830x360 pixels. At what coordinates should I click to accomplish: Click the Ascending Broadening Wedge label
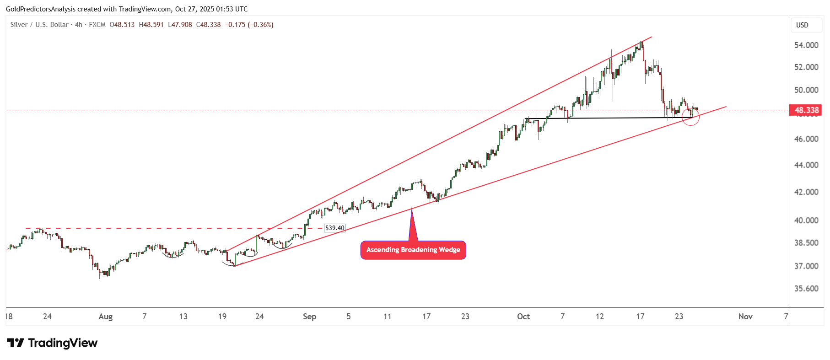point(413,250)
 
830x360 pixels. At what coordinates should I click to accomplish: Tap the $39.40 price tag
point(334,228)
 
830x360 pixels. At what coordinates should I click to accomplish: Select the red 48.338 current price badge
point(806,110)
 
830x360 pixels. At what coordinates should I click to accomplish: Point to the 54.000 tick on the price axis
point(806,45)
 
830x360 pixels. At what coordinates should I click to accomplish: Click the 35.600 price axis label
point(806,289)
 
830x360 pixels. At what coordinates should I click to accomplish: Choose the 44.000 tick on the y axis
point(806,165)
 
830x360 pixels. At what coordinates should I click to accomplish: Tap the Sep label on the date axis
point(309,317)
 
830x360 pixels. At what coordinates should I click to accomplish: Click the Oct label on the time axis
point(523,317)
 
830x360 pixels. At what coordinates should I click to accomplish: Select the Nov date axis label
point(745,317)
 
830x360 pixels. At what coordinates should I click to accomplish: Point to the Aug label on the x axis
point(105,317)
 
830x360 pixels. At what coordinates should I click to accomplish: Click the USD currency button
point(802,25)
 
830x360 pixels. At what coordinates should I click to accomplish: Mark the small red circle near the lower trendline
point(690,117)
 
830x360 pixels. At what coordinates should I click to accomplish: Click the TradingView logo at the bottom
point(52,343)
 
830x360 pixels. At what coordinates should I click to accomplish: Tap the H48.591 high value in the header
point(151,25)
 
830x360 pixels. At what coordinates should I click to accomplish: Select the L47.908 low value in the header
point(180,25)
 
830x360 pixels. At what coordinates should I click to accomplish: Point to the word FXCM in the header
point(97,25)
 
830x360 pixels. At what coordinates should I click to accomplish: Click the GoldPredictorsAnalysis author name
point(41,9)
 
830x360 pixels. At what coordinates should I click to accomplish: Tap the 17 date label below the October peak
point(640,317)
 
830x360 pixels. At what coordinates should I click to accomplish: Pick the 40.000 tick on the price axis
point(806,220)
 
